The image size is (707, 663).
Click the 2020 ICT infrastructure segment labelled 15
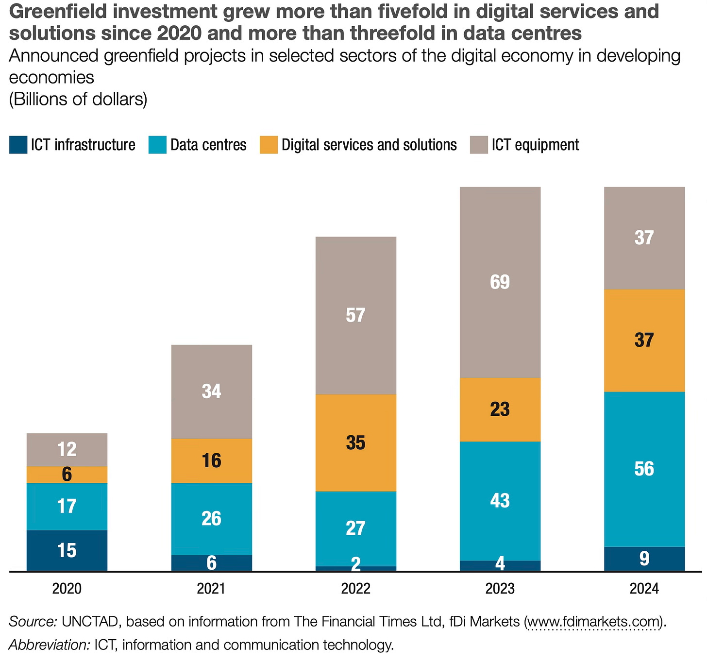coord(67,550)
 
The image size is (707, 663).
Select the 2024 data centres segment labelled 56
coord(644,469)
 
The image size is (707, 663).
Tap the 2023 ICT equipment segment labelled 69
coord(500,282)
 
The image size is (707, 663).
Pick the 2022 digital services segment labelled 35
coord(355,442)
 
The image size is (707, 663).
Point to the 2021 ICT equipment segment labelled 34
coord(211,391)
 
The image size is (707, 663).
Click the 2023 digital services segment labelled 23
coord(500,409)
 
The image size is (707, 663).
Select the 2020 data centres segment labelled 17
coord(67,506)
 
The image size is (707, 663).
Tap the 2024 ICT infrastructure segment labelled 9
coord(644,559)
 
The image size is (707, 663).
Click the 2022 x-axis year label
coord(355,589)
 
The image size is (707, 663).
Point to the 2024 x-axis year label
coord(644,589)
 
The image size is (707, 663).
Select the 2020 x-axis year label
coord(67,589)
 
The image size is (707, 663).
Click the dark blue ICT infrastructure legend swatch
coord(18,145)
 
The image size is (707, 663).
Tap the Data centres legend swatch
coord(157,145)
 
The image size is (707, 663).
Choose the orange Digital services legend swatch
coord(269,145)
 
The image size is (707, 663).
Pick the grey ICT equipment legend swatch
coord(479,145)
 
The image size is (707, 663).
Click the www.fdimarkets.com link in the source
coord(594,621)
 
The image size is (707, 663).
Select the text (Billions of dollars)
coord(78,99)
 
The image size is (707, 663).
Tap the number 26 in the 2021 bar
coord(211,519)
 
